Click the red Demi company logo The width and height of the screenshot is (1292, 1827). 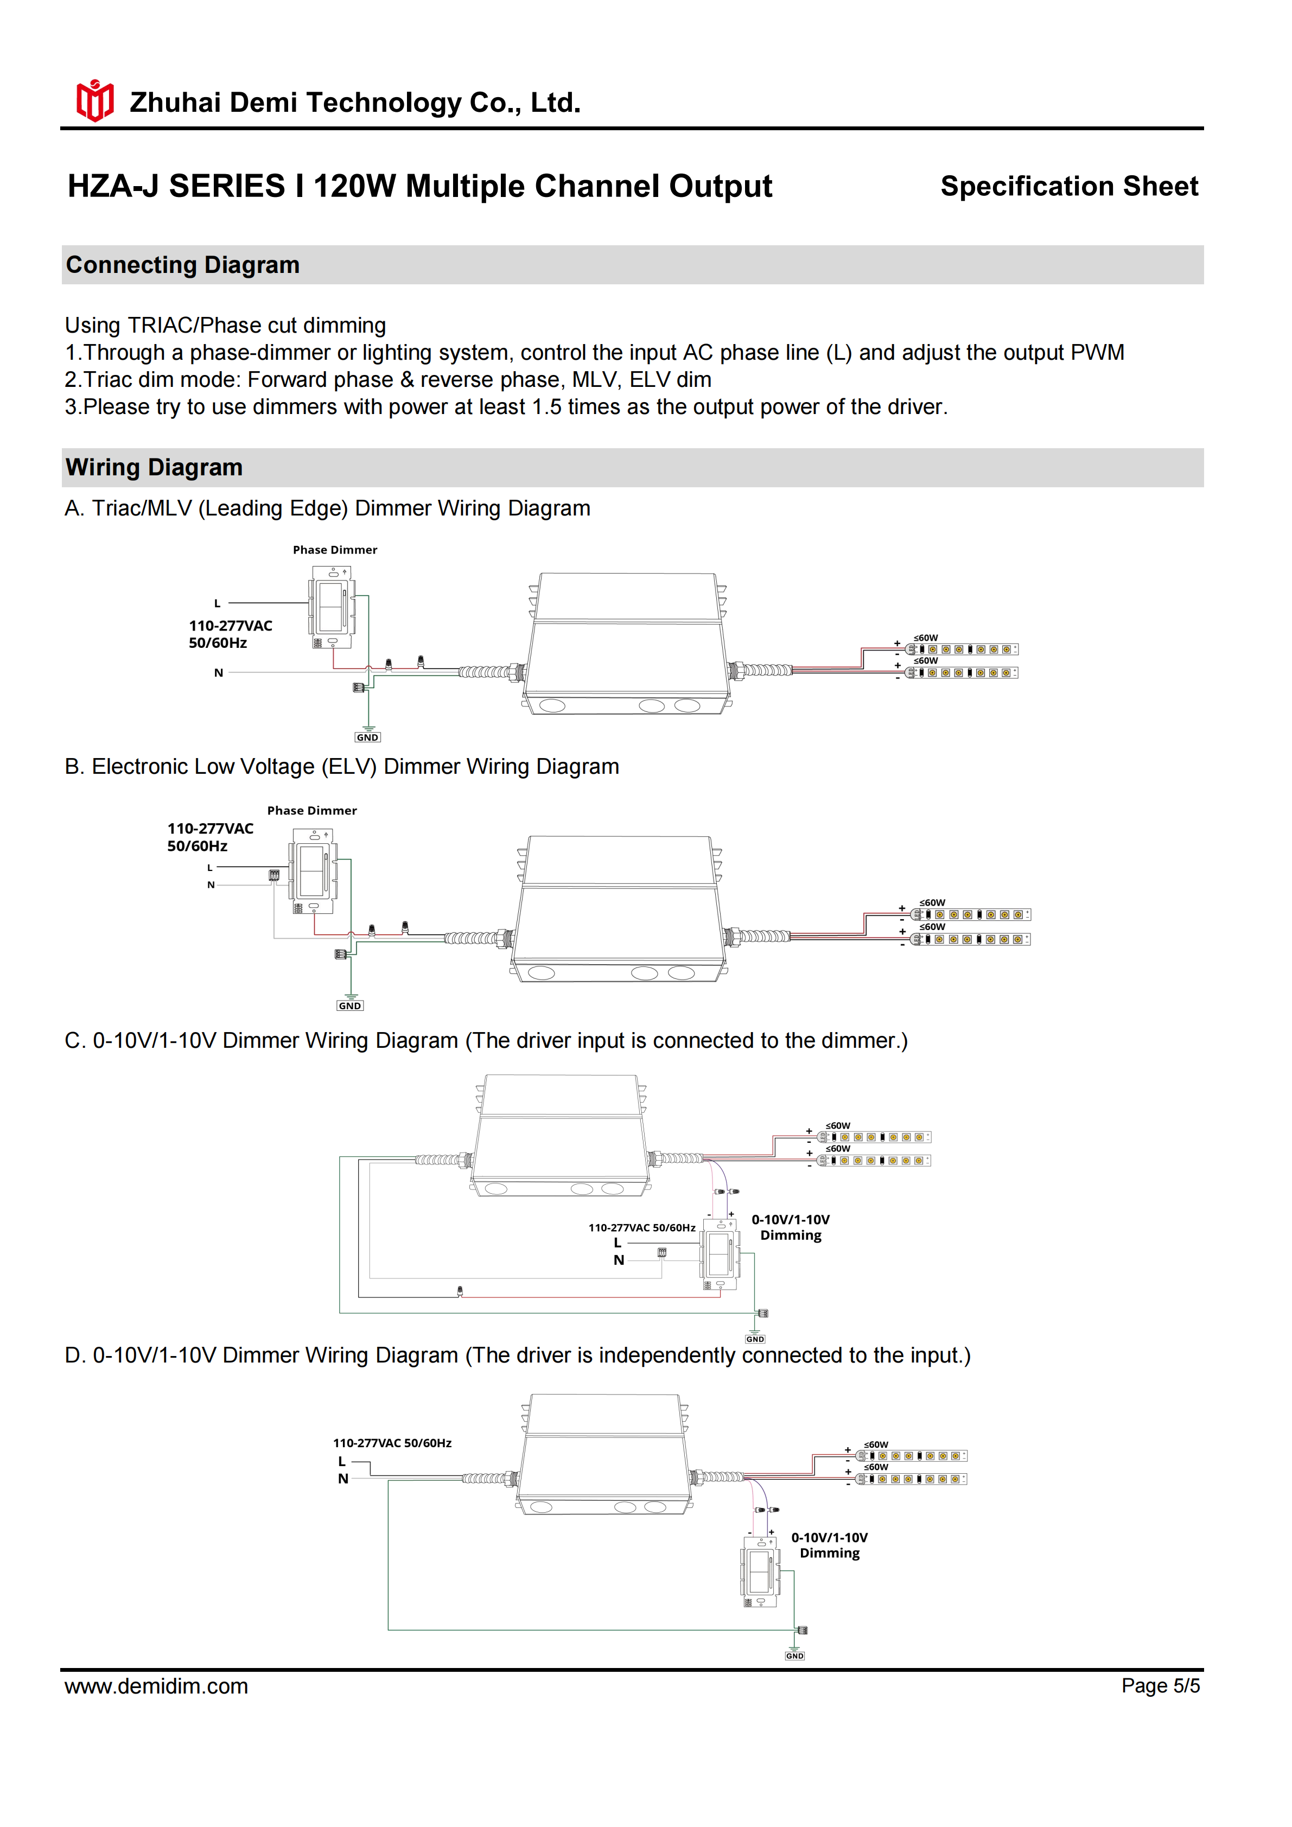pos(94,101)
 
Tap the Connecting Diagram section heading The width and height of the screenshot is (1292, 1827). pos(183,265)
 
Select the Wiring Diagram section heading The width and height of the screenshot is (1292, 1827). pos(154,467)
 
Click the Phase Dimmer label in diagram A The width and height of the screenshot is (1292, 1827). pos(335,550)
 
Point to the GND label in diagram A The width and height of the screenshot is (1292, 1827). pos(367,737)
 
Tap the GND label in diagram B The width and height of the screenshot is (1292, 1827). pos(350,1006)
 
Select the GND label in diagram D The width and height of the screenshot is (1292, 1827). pos(795,1656)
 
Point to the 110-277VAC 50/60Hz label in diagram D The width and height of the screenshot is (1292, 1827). pos(392,1443)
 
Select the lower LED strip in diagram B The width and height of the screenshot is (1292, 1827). pos(971,940)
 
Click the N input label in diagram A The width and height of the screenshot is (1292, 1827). pos(219,673)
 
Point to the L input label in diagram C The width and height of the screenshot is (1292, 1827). pos(618,1243)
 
